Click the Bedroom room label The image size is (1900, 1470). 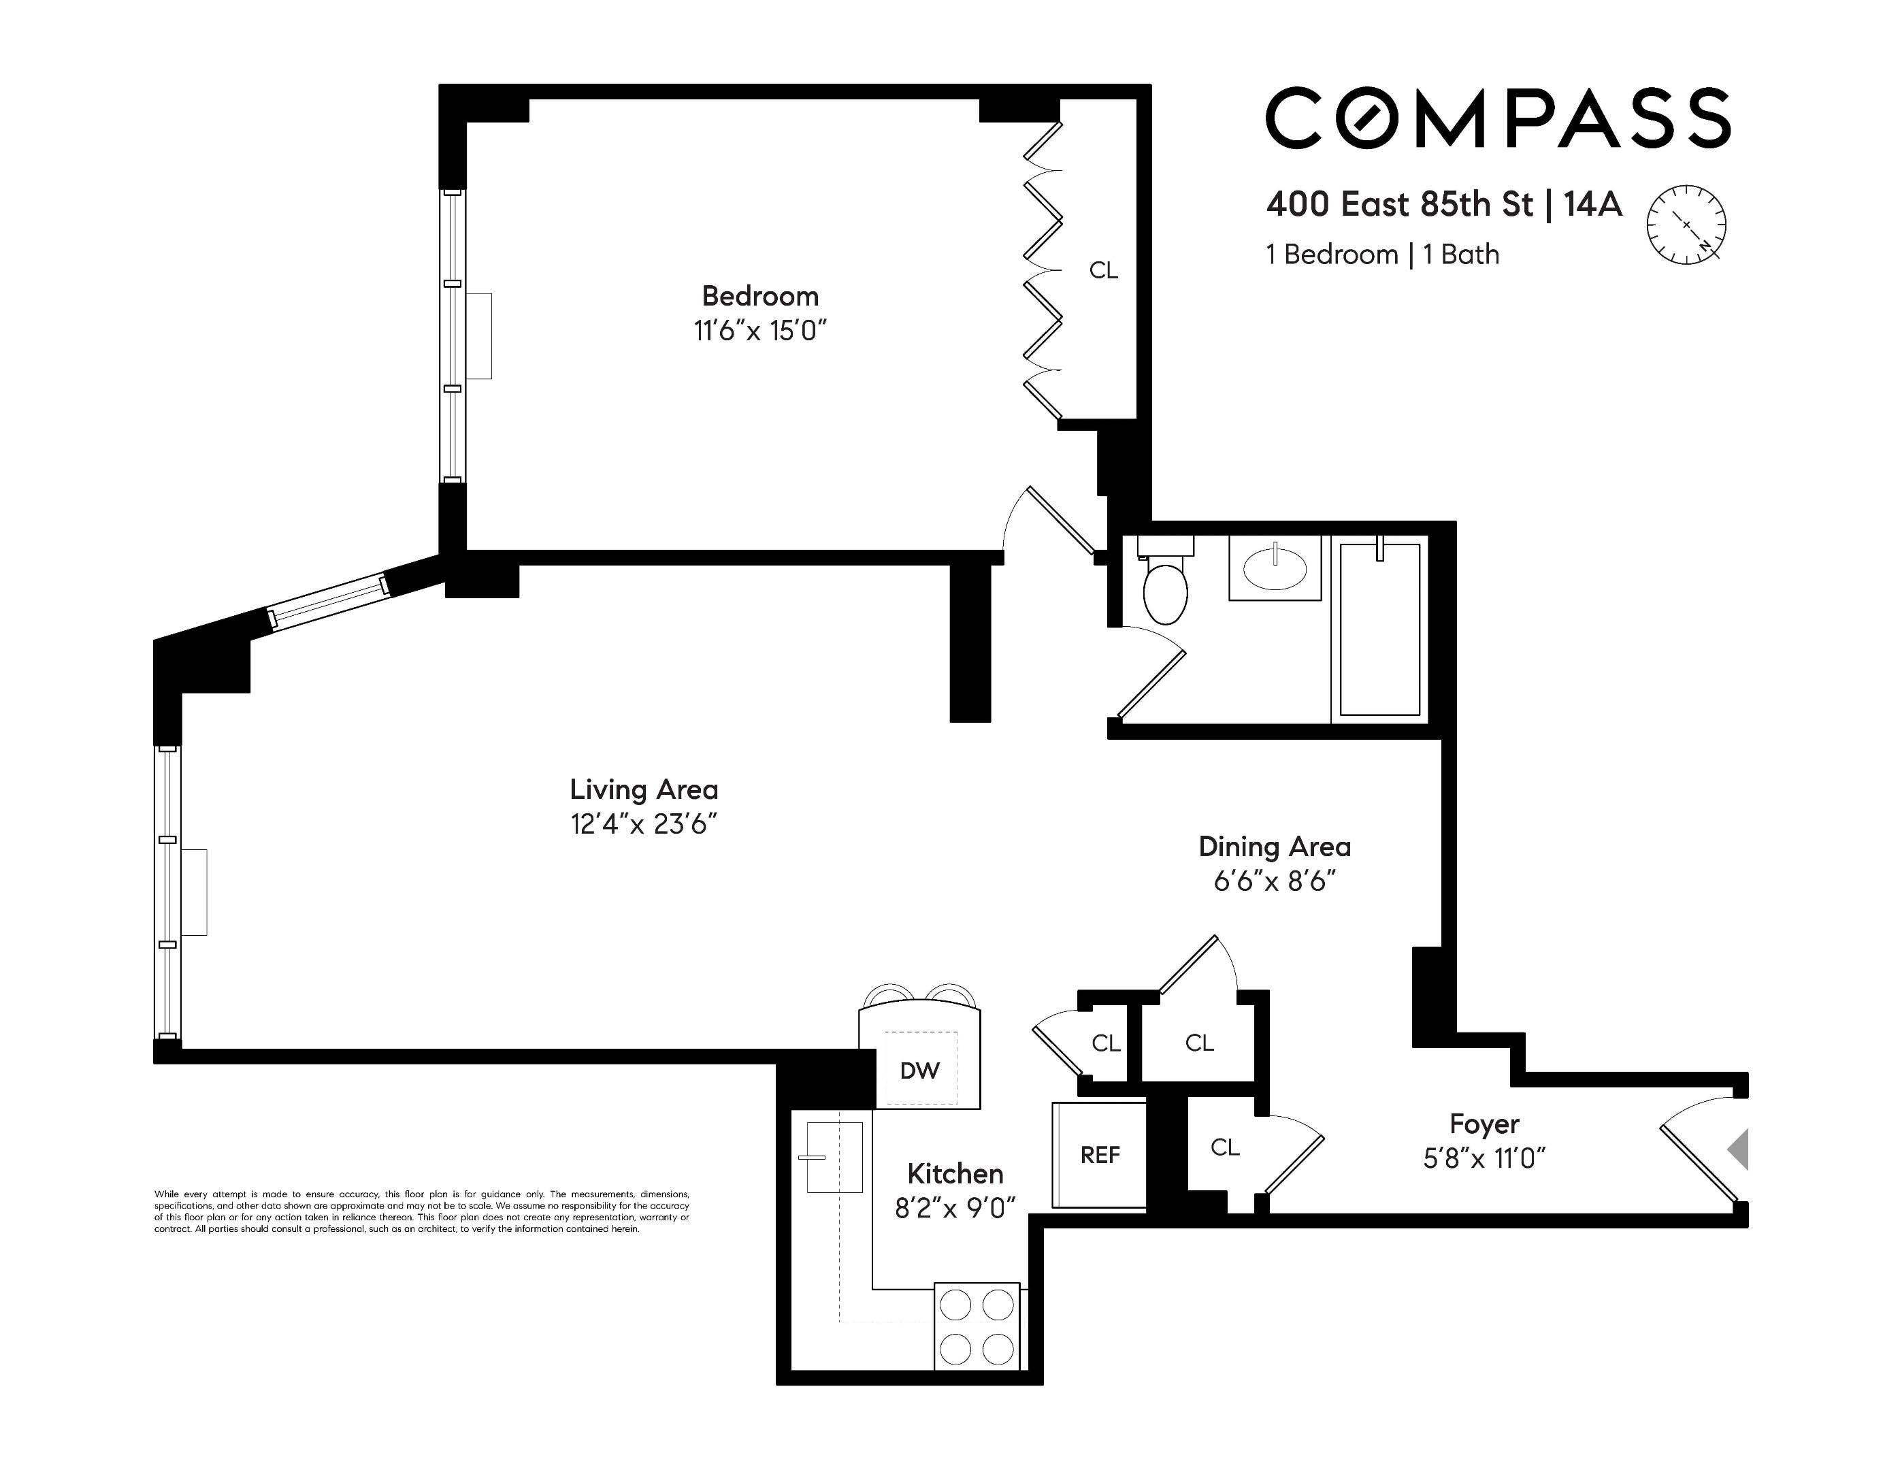tap(759, 297)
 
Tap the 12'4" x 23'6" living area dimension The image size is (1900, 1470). tap(643, 823)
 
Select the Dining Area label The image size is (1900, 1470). tap(1274, 847)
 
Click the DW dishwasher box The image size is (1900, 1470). tap(919, 1071)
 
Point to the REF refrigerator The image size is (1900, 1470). tap(1100, 1155)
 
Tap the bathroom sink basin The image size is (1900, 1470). tap(1275, 570)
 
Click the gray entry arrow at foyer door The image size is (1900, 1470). tap(1737, 1150)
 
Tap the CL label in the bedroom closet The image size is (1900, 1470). tap(1103, 270)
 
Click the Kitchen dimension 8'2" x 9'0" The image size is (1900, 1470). tap(955, 1208)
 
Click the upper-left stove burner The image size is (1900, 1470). tap(956, 1305)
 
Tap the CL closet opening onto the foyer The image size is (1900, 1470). tap(1224, 1148)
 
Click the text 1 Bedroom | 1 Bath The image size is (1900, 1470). tap(1382, 255)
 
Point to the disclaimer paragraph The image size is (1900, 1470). tap(422, 1211)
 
